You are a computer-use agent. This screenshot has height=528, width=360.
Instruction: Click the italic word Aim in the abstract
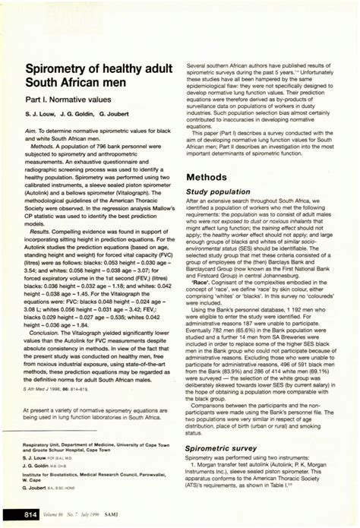point(32,132)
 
